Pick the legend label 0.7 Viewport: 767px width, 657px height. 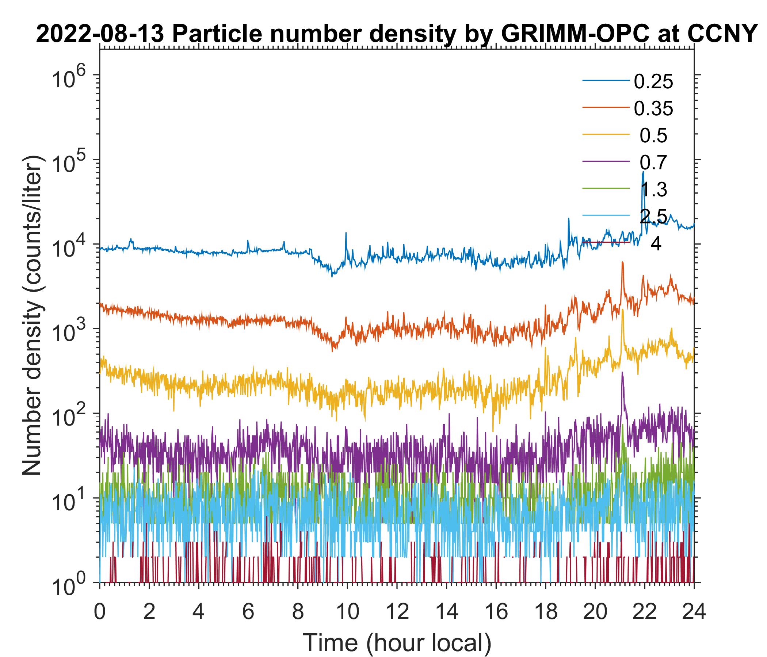coord(653,163)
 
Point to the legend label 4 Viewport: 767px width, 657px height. coord(656,244)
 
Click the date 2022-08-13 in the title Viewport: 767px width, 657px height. coord(100,35)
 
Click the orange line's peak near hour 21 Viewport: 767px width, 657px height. coord(622,263)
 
